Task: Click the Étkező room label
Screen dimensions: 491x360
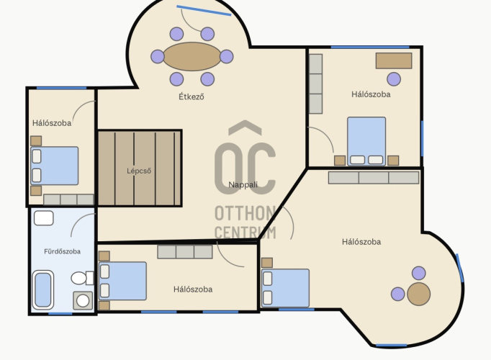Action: (x=192, y=96)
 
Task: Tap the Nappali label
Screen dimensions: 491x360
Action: (x=243, y=185)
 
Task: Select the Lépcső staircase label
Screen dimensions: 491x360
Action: (x=139, y=171)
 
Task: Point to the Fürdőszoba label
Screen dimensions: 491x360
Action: (x=63, y=251)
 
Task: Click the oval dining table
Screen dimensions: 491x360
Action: (x=192, y=57)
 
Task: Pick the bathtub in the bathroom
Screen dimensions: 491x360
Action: (x=43, y=290)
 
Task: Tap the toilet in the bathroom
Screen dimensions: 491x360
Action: (x=82, y=278)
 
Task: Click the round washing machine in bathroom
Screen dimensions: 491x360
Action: (x=83, y=300)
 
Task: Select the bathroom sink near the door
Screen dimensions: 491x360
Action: (x=43, y=218)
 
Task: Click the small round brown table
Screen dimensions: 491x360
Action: (x=419, y=294)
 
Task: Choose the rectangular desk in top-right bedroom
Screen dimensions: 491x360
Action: (x=394, y=60)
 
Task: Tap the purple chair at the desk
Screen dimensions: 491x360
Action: (x=394, y=79)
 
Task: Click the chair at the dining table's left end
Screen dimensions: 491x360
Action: (x=158, y=57)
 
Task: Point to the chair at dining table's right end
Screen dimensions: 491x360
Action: (x=226, y=57)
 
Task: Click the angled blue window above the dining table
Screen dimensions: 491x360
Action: (x=204, y=10)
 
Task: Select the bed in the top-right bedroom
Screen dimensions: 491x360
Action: (x=366, y=141)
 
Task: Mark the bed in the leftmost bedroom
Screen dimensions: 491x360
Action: (x=55, y=166)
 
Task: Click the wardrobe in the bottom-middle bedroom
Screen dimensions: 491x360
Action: (x=185, y=252)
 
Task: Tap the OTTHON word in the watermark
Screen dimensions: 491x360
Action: (x=245, y=214)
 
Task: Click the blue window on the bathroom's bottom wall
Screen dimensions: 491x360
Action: (x=60, y=313)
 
